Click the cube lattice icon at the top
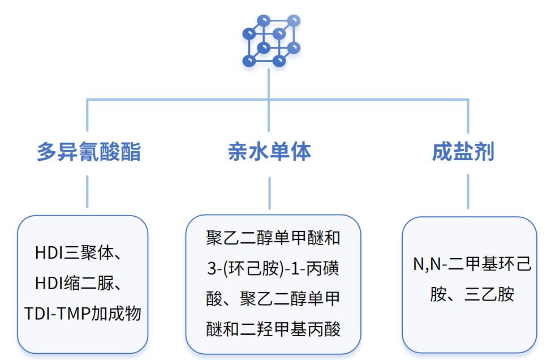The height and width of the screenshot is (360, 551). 270,40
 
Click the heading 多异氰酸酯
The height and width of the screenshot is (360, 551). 88,152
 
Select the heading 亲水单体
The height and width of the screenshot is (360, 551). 269,152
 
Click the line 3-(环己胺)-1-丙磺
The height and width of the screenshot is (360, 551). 273,268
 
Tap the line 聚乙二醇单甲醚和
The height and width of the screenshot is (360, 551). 273,238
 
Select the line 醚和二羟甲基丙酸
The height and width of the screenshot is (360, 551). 273,329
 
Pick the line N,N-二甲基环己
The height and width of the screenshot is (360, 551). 472,264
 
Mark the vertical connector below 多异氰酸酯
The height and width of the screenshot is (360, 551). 88,191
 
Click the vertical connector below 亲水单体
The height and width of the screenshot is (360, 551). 269,192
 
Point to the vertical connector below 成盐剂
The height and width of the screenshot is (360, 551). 468,191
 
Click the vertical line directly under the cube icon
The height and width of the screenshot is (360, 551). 269,83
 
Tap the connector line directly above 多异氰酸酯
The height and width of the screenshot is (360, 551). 88,116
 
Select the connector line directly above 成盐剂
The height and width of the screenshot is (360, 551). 468,116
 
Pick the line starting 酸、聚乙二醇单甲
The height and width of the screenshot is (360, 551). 273,298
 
